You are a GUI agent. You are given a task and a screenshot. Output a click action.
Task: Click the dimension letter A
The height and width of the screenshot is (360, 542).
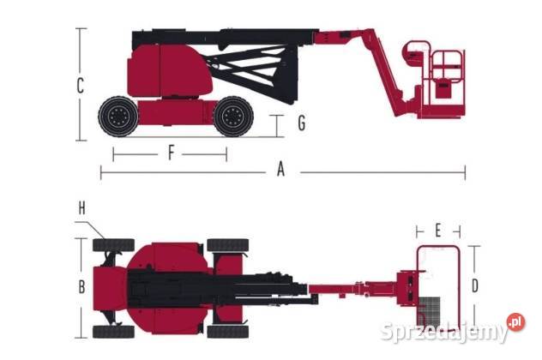tap(281, 170)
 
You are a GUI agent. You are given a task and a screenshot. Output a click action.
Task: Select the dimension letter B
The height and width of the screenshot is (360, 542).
tap(82, 287)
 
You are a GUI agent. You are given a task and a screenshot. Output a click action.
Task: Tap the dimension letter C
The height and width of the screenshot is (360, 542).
tap(81, 86)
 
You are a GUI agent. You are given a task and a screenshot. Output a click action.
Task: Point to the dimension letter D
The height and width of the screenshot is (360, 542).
tap(475, 285)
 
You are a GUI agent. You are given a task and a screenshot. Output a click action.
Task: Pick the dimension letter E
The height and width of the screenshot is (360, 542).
tap(438, 231)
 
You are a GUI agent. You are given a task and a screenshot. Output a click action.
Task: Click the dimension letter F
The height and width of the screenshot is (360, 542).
tap(171, 153)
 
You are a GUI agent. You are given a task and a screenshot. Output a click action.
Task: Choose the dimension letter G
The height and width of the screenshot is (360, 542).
tap(301, 123)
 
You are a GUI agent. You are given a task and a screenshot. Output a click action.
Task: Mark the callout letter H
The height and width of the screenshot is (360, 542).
tap(82, 208)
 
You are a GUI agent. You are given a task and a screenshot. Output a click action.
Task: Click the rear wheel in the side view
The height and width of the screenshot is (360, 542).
tap(118, 117)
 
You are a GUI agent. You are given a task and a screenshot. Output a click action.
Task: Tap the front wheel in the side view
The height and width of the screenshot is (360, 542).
tap(233, 117)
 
